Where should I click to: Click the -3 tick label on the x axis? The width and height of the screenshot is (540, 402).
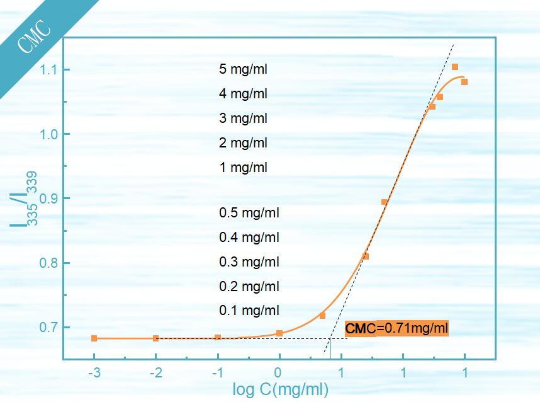tap(94, 373)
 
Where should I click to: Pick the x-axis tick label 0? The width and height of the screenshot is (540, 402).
tap(279, 373)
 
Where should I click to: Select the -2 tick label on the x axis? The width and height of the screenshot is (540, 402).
tap(155, 373)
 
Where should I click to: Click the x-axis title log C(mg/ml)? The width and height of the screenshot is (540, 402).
tap(280, 389)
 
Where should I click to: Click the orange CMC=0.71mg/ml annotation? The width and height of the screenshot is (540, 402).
tap(397, 328)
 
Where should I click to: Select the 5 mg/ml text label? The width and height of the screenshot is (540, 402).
tap(243, 69)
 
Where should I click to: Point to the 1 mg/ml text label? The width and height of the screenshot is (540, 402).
tap(243, 168)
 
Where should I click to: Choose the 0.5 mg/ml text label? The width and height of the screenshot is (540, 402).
tap(249, 212)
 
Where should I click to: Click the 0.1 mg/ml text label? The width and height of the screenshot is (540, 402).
tap(249, 311)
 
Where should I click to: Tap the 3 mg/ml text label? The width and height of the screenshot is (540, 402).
tap(243, 118)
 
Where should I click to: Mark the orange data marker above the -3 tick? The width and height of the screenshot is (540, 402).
tap(94, 338)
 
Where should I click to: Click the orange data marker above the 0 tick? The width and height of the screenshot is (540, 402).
tap(279, 333)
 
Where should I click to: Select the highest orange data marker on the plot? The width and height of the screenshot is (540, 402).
tap(455, 67)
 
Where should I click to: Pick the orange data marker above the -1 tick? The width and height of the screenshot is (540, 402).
tap(218, 338)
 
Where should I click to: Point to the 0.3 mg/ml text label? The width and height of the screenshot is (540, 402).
tap(249, 261)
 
